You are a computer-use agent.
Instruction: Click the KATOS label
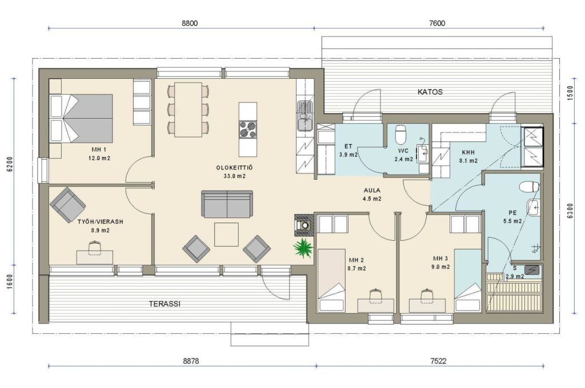pyautogui.click(x=430, y=92)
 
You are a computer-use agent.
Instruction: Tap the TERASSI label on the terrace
pyautogui.click(x=165, y=304)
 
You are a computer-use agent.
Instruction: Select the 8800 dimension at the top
pyautogui.click(x=190, y=23)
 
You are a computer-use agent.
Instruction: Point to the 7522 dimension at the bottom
pyautogui.click(x=438, y=361)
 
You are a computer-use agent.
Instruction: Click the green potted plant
pyautogui.click(x=303, y=248)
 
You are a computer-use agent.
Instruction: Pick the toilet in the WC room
pyautogui.click(x=400, y=134)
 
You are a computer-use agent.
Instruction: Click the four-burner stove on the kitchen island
pyautogui.click(x=248, y=130)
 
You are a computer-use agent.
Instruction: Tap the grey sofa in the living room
pyautogui.click(x=227, y=204)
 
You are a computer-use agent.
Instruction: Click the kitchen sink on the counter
pyautogui.click(x=304, y=116)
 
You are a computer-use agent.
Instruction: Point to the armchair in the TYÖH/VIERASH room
pyautogui.click(x=67, y=205)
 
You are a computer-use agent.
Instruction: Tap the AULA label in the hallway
pyautogui.click(x=372, y=191)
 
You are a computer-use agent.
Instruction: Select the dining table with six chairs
pyautogui.click(x=188, y=110)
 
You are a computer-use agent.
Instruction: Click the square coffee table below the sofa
pyautogui.click(x=226, y=235)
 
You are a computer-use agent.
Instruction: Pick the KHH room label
pyautogui.click(x=468, y=152)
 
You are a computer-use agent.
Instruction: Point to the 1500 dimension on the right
pyautogui.click(x=570, y=93)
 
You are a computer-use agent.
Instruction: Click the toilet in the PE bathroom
pyautogui.click(x=530, y=187)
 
